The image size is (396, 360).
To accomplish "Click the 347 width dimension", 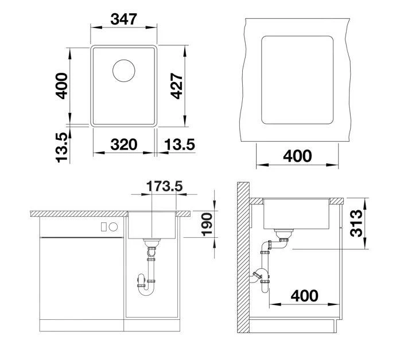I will (124, 19).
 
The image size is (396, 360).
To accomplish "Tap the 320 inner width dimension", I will (124, 144).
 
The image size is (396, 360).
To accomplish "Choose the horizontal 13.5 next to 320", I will (178, 144).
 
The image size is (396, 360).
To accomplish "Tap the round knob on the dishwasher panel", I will (103, 226).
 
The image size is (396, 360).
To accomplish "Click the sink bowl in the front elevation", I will (152, 225).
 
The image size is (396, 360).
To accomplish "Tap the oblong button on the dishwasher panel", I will (113, 226).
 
